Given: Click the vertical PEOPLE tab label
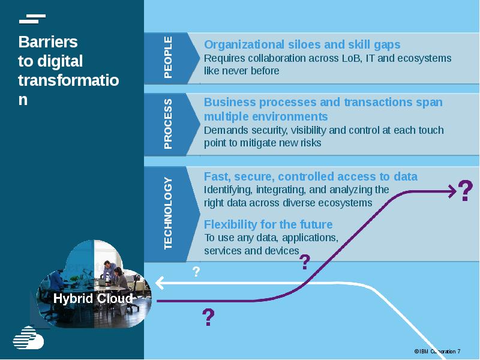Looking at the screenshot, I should coord(168,58).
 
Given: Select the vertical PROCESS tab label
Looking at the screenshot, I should coord(168,124).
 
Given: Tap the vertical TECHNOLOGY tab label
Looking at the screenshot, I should coord(168,213).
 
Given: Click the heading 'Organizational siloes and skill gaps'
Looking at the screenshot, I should coord(302,44).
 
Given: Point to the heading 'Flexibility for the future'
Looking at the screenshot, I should coord(268,224).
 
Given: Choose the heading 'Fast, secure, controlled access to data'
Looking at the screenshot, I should coord(310,176).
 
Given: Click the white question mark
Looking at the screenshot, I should coord(196,272).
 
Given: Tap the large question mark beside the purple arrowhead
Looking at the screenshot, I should coord(465,191).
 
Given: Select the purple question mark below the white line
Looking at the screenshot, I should coord(208,317).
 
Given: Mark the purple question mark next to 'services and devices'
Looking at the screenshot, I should coord(305,262).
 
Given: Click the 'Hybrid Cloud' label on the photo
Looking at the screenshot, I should coord(93,298).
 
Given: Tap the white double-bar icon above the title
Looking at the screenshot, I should coord(32,19).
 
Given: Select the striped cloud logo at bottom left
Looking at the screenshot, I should coord(29,337).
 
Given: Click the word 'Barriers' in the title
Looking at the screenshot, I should coord(48,42).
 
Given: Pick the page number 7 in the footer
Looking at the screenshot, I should coord(459,351).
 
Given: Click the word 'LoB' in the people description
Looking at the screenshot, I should coord(347,58).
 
